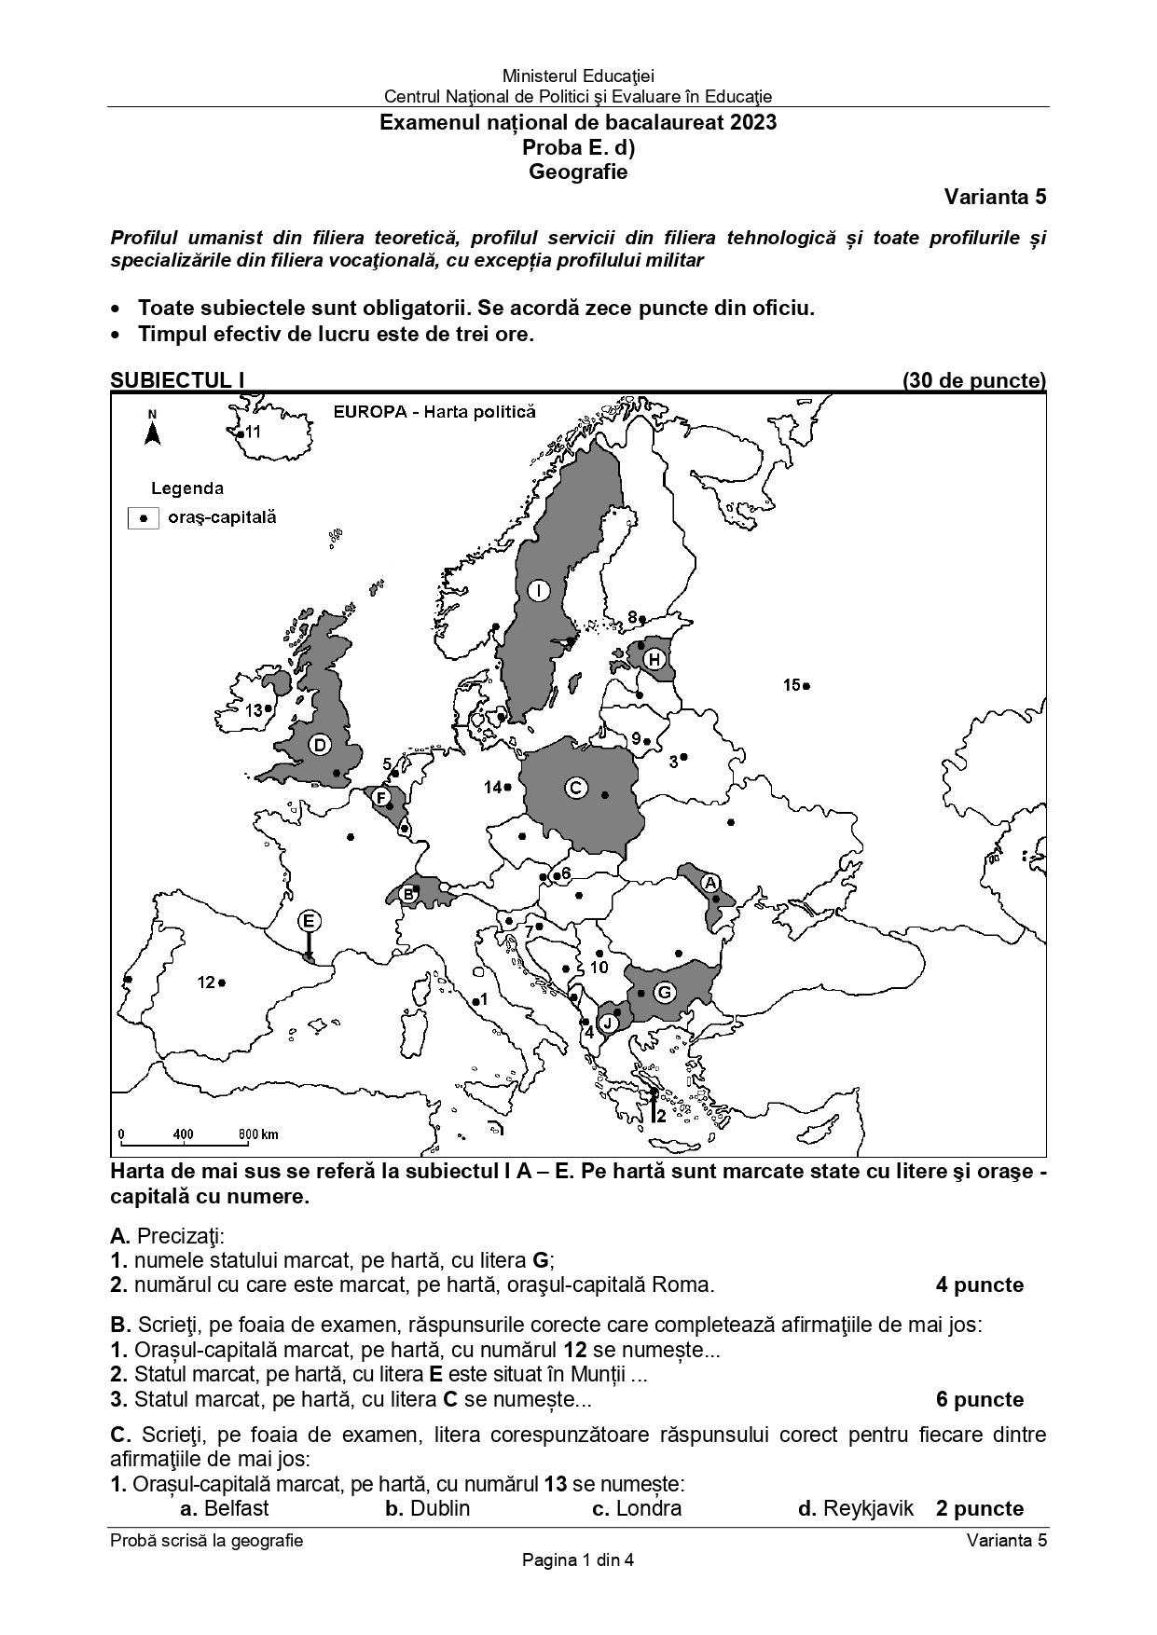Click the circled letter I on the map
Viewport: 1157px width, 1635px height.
pos(538,590)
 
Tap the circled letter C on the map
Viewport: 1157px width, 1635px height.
pos(575,788)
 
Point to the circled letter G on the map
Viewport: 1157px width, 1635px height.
pos(664,992)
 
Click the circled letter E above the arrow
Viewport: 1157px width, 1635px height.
pos(310,921)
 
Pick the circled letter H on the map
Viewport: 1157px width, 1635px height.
pos(654,660)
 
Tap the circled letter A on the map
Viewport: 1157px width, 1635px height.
pos(709,882)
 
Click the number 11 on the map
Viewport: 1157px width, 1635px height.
pos(253,432)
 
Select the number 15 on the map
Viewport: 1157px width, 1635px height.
pos(792,685)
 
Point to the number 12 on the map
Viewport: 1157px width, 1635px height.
pos(206,982)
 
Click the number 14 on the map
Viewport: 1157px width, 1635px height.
pos(492,788)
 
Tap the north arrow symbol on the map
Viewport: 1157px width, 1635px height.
pos(153,430)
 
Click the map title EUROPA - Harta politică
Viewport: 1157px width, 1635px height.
pos(434,412)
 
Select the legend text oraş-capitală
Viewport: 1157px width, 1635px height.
pos(222,517)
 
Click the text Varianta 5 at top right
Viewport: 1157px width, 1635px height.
pos(995,197)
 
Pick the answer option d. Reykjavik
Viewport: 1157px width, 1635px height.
pos(856,1507)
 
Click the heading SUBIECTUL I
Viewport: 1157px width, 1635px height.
pos(177,380)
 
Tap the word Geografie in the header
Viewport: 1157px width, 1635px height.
pos(578,172)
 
